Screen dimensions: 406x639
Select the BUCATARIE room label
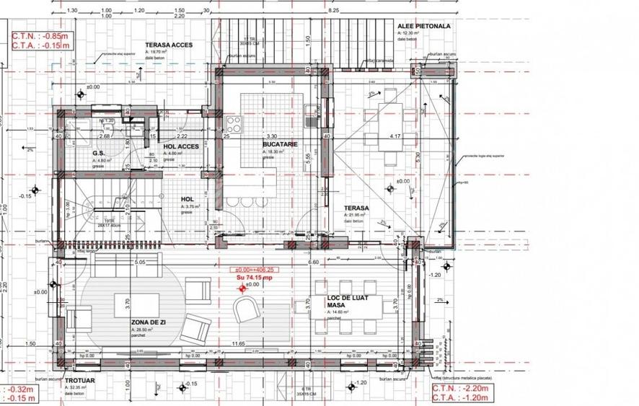coord(280,144)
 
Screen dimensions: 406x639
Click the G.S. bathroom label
coord(100,153)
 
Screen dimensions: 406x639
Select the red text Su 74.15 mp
coord(255,277)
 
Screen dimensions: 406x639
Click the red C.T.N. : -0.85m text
coord(40,35)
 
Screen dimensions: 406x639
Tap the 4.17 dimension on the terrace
coord(395,136)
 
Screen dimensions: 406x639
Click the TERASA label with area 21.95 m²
coord(356,208)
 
